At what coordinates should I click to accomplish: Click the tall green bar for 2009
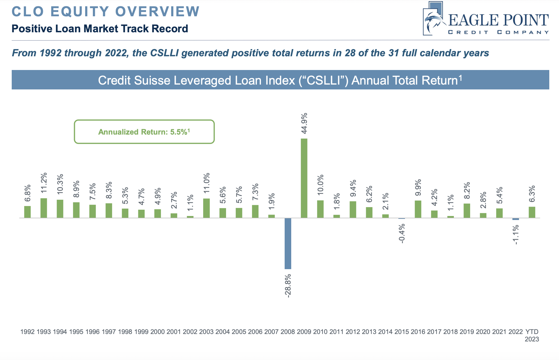pos(304,178)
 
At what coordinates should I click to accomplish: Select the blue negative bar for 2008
pos(288,243)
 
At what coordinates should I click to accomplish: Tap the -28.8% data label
pos(288,286)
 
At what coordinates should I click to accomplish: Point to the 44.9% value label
pos(304,123)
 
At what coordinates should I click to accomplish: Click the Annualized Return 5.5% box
pos(144,132)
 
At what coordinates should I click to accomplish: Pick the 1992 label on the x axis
pos(27,332)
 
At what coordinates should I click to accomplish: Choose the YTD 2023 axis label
pos(532,335)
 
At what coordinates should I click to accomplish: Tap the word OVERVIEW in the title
pos(157,11)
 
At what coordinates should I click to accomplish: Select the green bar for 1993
pos(44,208)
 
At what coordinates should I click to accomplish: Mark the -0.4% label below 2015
pos(402,233)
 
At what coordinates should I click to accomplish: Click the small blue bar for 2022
pos(516,219)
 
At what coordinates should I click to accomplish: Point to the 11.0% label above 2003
pos(207,183)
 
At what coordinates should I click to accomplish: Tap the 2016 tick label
pos(418,332)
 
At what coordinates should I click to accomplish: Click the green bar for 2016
pos(418,209)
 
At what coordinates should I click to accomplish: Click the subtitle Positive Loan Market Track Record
pos(100,29)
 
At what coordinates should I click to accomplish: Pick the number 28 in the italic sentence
pos(350,53)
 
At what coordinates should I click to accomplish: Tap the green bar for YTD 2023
pos(532,212)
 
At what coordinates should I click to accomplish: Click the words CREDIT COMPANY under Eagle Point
pos(498,32)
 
